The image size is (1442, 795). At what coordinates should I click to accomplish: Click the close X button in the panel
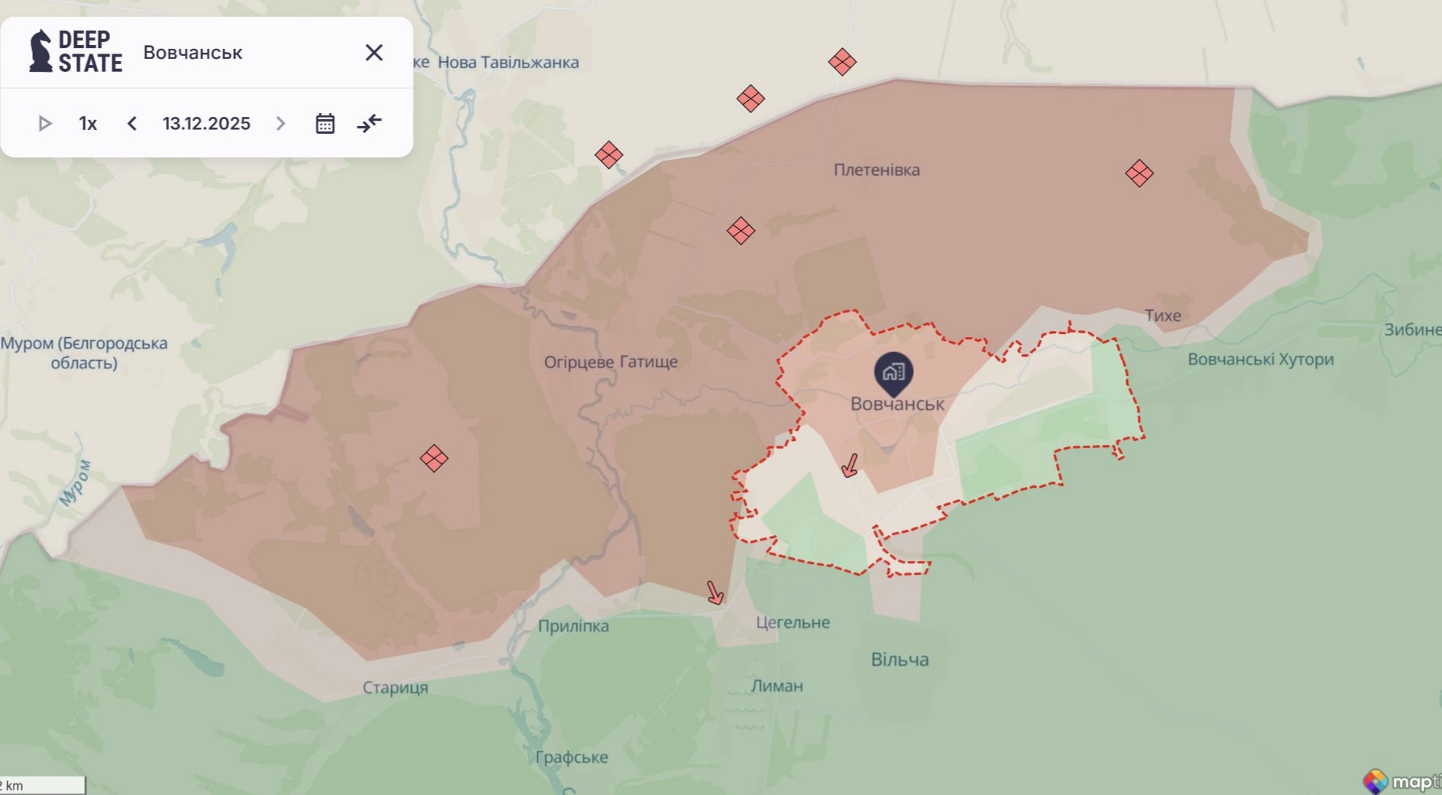click(x=374, y=53)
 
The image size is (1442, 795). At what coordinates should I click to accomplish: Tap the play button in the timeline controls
click(x=44, y=124)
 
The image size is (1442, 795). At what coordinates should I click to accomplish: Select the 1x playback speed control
click(x=88, y=124)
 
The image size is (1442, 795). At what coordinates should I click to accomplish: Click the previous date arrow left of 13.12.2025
click(x=132, y=124)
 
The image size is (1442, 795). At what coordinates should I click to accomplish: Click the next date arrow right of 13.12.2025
click(x=280, y=124)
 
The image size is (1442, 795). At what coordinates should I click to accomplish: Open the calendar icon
click(x=326, y=124)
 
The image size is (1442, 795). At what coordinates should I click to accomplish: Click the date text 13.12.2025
click(x=206, y=124)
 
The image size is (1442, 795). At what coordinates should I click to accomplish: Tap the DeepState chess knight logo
click(x=41, y=52)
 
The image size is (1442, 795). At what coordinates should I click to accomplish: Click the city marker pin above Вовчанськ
click(x=893, y=372)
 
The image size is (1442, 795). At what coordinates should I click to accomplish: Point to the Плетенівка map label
click(x=877, y=170)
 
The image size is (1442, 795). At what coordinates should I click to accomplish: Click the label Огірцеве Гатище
click(x=611, y=362)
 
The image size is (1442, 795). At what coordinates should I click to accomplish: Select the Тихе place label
click(x=1162, y=315)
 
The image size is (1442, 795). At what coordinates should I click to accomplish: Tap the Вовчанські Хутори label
click(x=1260, y=359)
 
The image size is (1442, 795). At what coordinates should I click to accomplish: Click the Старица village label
click(x=395, y=687)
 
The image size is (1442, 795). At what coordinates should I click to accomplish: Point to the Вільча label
click(x=899, y=659)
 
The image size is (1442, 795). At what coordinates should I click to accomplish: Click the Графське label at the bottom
click(x=572, y=757)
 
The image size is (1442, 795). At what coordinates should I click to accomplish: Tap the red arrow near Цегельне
click(x=715, y=592)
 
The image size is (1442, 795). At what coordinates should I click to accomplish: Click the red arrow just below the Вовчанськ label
click(x=850, y=465)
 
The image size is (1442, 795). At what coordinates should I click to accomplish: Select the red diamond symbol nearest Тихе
click(x=1139, y=174)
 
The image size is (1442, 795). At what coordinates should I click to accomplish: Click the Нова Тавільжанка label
click(x=508, y=63)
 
